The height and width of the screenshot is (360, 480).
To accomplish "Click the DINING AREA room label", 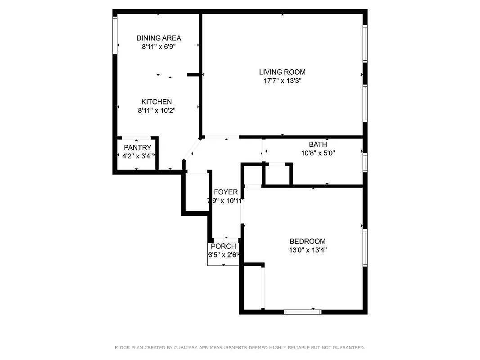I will [158, 38].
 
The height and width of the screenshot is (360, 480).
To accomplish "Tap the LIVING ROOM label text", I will [282, 72].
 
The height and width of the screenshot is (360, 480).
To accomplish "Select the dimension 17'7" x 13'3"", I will [282, 81].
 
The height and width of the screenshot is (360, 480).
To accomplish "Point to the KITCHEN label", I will [156, 102].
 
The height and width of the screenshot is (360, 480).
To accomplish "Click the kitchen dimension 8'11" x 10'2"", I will [156, 111].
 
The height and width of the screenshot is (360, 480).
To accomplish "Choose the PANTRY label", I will [137, 148].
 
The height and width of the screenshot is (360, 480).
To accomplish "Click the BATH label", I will [318, 144].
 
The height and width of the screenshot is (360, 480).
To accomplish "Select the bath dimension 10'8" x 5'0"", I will [318, 153].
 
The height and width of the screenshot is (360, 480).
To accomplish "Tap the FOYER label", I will [225, 192].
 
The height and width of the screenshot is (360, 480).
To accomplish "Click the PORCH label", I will [223, 246].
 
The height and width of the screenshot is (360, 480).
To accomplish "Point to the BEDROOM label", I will [307, 242].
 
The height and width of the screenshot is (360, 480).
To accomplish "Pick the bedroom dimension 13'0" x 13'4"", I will [307, 250].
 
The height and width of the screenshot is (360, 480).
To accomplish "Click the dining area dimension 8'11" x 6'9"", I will [158, 46].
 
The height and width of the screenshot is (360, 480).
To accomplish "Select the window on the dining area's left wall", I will [115, 35].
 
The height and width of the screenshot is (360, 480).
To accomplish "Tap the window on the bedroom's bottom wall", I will [303, 311].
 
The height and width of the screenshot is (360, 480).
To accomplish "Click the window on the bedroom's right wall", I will [365, 247].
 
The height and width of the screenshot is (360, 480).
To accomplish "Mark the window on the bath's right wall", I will [365, 162].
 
